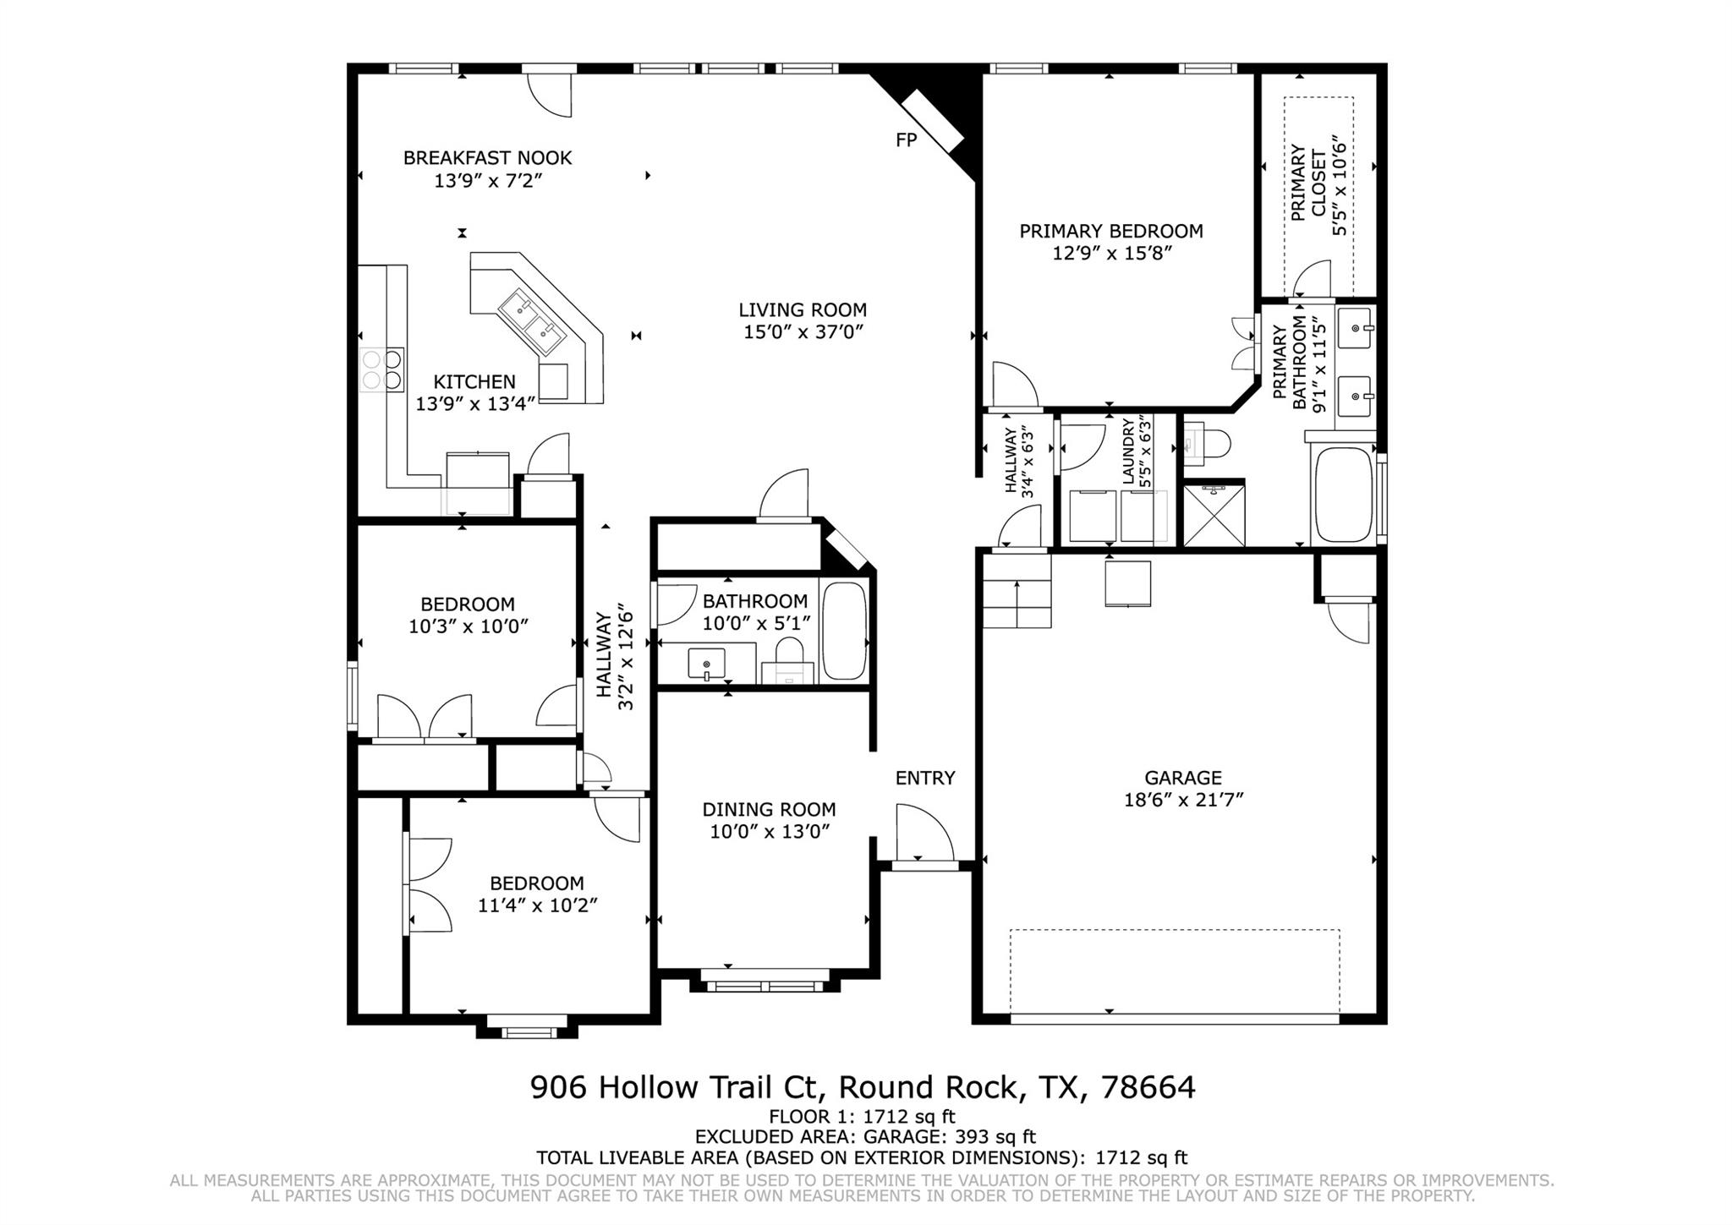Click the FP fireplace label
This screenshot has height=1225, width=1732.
tap(906, 140)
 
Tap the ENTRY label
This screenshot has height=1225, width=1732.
tap(925, 778)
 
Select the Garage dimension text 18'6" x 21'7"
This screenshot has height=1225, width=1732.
tap(1183, 800)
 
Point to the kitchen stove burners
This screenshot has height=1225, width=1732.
tap(382, 369)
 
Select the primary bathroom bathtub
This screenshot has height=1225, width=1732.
tap(1342, 495)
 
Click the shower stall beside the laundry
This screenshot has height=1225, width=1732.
tap(1214, 513)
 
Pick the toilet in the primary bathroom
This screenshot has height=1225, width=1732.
tap(1206, 444)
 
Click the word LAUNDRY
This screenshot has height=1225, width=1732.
tap(1128, 451)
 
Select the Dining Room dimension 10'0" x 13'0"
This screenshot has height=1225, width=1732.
tap(770, 832)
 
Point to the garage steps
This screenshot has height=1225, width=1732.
tap(1017, 591)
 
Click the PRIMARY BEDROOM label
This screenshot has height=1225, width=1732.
tap(1110, 231)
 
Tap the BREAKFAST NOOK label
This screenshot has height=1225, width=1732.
tap(487, 158)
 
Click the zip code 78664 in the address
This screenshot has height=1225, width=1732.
tap(1148, 1087)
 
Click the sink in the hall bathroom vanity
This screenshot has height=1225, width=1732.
tap(706, 664)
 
